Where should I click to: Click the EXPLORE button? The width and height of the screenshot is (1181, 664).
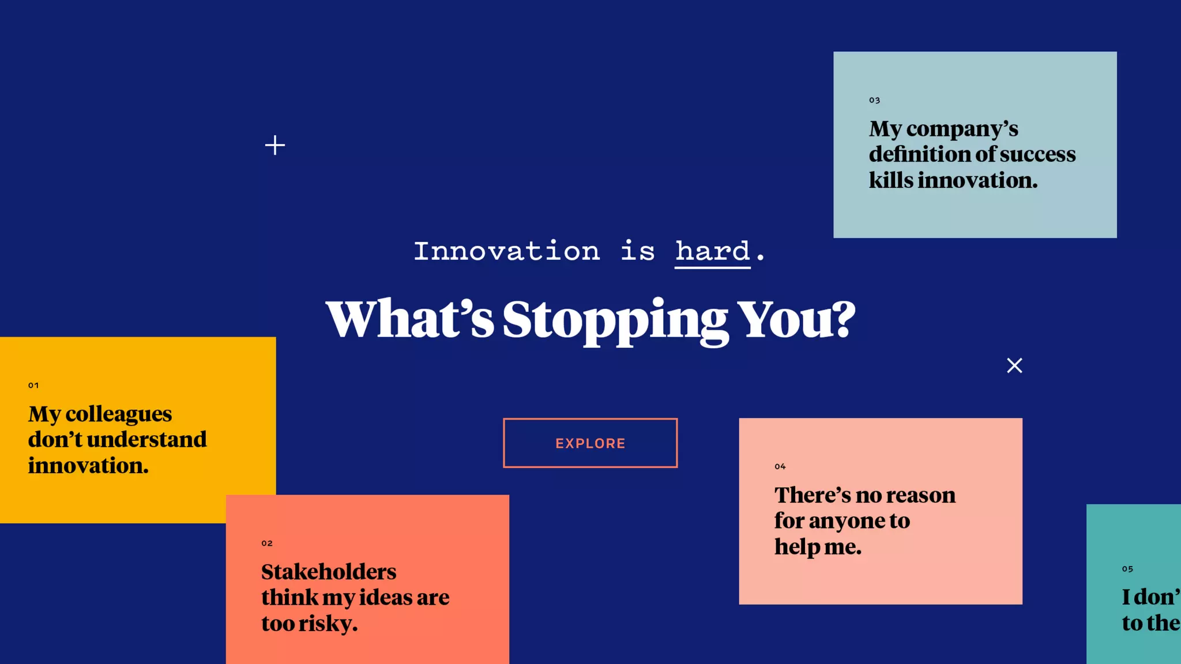coord(590,443)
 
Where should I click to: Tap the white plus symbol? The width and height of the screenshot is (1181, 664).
coord(275,145)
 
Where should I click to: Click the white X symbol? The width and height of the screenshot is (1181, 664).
coord(1014,365)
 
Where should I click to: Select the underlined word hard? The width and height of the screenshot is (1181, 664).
coord(713,251)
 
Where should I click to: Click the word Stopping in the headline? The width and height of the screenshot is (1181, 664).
coord(615,320)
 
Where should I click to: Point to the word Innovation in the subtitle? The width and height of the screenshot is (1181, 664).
coord(507,251)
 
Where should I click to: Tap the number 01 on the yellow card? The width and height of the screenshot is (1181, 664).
coord(33,385)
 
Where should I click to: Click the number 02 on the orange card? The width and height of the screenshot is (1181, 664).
coord(267,543)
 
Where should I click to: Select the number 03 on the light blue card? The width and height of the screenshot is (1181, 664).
coord(875,100)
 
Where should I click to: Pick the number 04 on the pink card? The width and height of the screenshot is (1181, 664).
coord(780,466)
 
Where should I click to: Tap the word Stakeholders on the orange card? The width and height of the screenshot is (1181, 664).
coord(329,572)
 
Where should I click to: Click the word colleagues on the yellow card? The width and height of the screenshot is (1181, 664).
coord(118,414)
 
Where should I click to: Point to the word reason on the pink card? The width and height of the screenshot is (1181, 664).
coord(920,495)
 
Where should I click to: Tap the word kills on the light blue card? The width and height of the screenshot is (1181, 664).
coord(891,180)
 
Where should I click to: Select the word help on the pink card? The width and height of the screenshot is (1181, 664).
coord(797,546)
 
